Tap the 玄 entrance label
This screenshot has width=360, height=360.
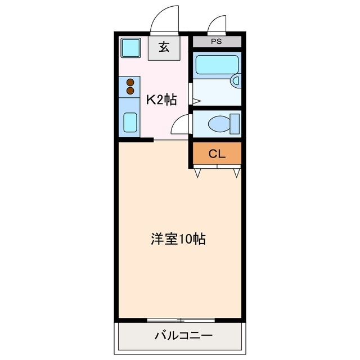[x=164, y=48]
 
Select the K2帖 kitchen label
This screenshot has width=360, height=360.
[x=162, y=100]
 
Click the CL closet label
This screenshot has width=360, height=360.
[x=217, y=154]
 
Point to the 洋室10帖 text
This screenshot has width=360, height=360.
[x=177, y=239]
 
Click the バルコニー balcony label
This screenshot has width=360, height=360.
[x=183, y=336]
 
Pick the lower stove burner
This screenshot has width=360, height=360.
[x=130, y=90]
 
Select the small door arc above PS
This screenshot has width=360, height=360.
[x=217, y=25]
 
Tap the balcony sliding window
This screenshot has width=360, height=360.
[x=181, y=320]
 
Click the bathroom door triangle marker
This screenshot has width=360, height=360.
[x=197, y=101]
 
